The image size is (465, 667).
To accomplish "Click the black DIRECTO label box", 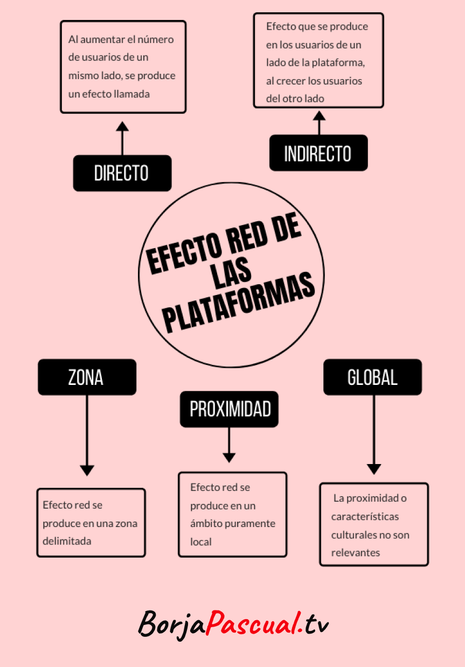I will [x=122, y=173].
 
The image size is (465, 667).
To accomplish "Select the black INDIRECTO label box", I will [x=318, y=153].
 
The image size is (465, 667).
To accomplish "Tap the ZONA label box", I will [x=86, y=377].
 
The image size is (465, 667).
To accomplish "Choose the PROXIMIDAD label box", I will [x=229, y=409].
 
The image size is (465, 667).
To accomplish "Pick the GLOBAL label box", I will [x=372, y=377].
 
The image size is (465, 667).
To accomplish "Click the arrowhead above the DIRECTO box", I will [x=122, y=127].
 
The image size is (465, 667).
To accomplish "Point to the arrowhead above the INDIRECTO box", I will [x=320, y=115].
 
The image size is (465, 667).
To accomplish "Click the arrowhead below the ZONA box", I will [x=87, y=470].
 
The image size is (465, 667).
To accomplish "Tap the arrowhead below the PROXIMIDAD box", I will [x=229, y=458].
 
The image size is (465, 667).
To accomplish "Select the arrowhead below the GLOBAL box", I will [x=374, y=469].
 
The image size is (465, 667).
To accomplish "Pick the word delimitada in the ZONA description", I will [x=67, y=541].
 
